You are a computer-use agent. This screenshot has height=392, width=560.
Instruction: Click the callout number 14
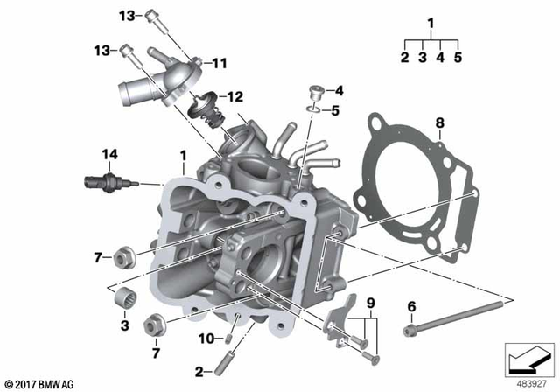(108, 155)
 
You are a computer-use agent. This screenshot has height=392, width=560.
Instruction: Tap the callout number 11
(219, 63)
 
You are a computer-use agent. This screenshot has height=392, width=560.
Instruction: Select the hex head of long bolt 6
(409, 331)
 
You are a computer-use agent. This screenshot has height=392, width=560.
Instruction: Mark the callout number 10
(204, 339)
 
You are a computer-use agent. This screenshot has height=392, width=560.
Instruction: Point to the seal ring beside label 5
(313, 109)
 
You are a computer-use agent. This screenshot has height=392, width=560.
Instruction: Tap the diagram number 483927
(528, 383)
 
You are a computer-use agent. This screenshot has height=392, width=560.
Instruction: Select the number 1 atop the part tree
(430, 22)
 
